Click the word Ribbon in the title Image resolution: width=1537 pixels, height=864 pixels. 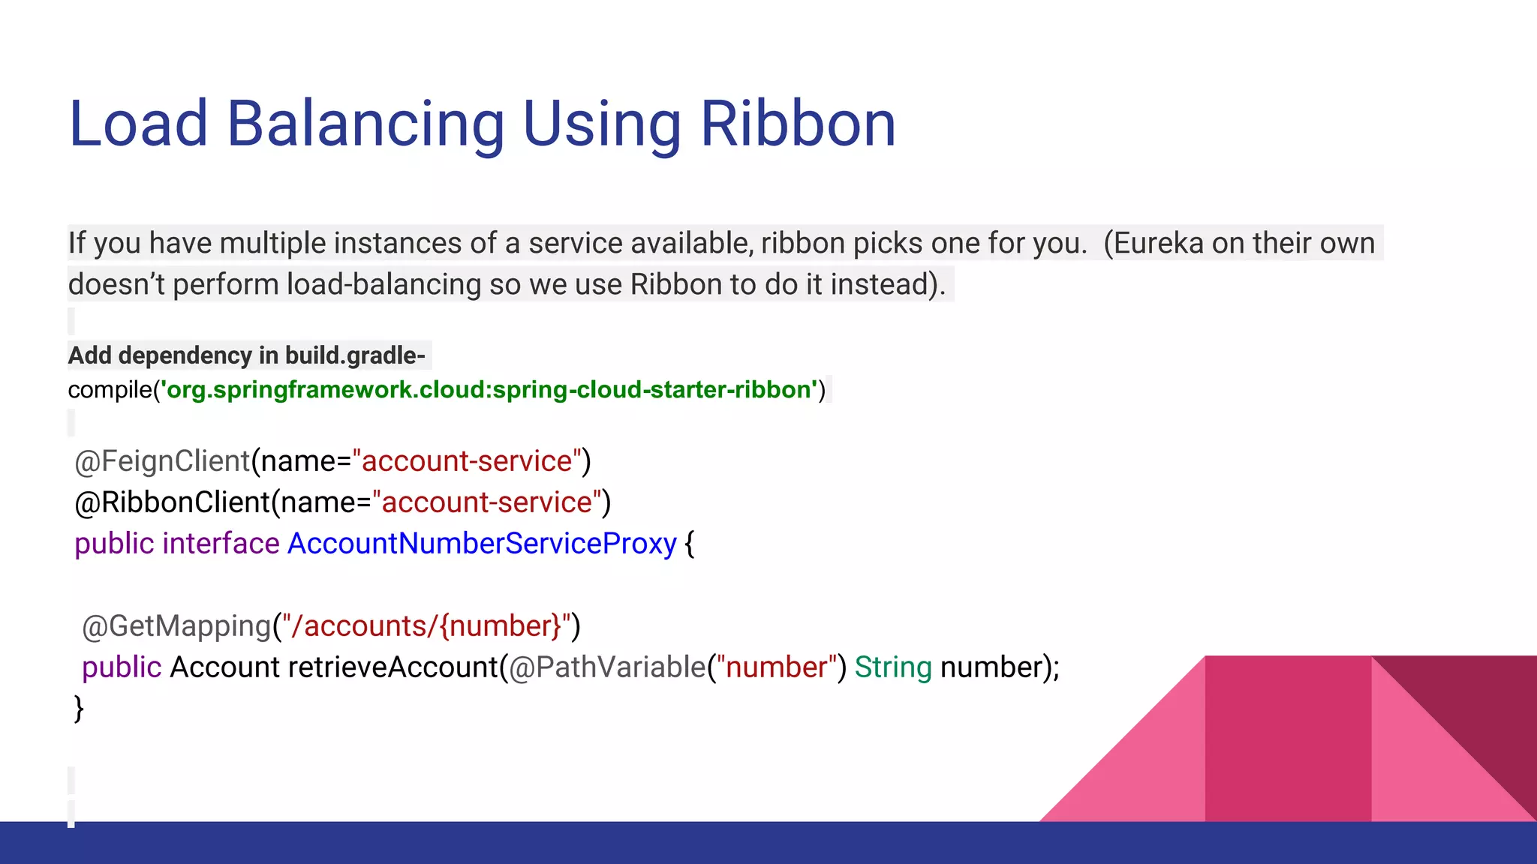tap(798, 124)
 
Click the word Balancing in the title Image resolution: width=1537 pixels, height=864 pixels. tap(365, 124)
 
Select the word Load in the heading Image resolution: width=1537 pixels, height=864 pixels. tap(138, 124)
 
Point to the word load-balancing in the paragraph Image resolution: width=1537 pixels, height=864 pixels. tap(383, 285)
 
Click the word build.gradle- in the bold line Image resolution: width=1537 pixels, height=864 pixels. tap(355, 355)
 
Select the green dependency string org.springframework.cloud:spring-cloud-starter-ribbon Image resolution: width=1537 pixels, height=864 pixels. tap(489, 390)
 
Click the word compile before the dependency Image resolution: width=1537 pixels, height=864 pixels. tap(110, 391)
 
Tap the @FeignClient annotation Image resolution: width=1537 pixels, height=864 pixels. tap(162, 461)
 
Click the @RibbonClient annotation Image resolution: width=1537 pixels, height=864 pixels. tap(172, 502)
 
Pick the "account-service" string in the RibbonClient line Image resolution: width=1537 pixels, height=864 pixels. tap(487, 502)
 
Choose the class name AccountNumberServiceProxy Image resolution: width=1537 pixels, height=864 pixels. tap(482, 544)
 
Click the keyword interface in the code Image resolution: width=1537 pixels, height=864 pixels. tap(221, 544)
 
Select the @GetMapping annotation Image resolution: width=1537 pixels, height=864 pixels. tap(176, 626)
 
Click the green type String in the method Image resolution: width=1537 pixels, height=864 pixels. tap(892, 667)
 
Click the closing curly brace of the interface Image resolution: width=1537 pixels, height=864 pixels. tap(79, 709)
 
